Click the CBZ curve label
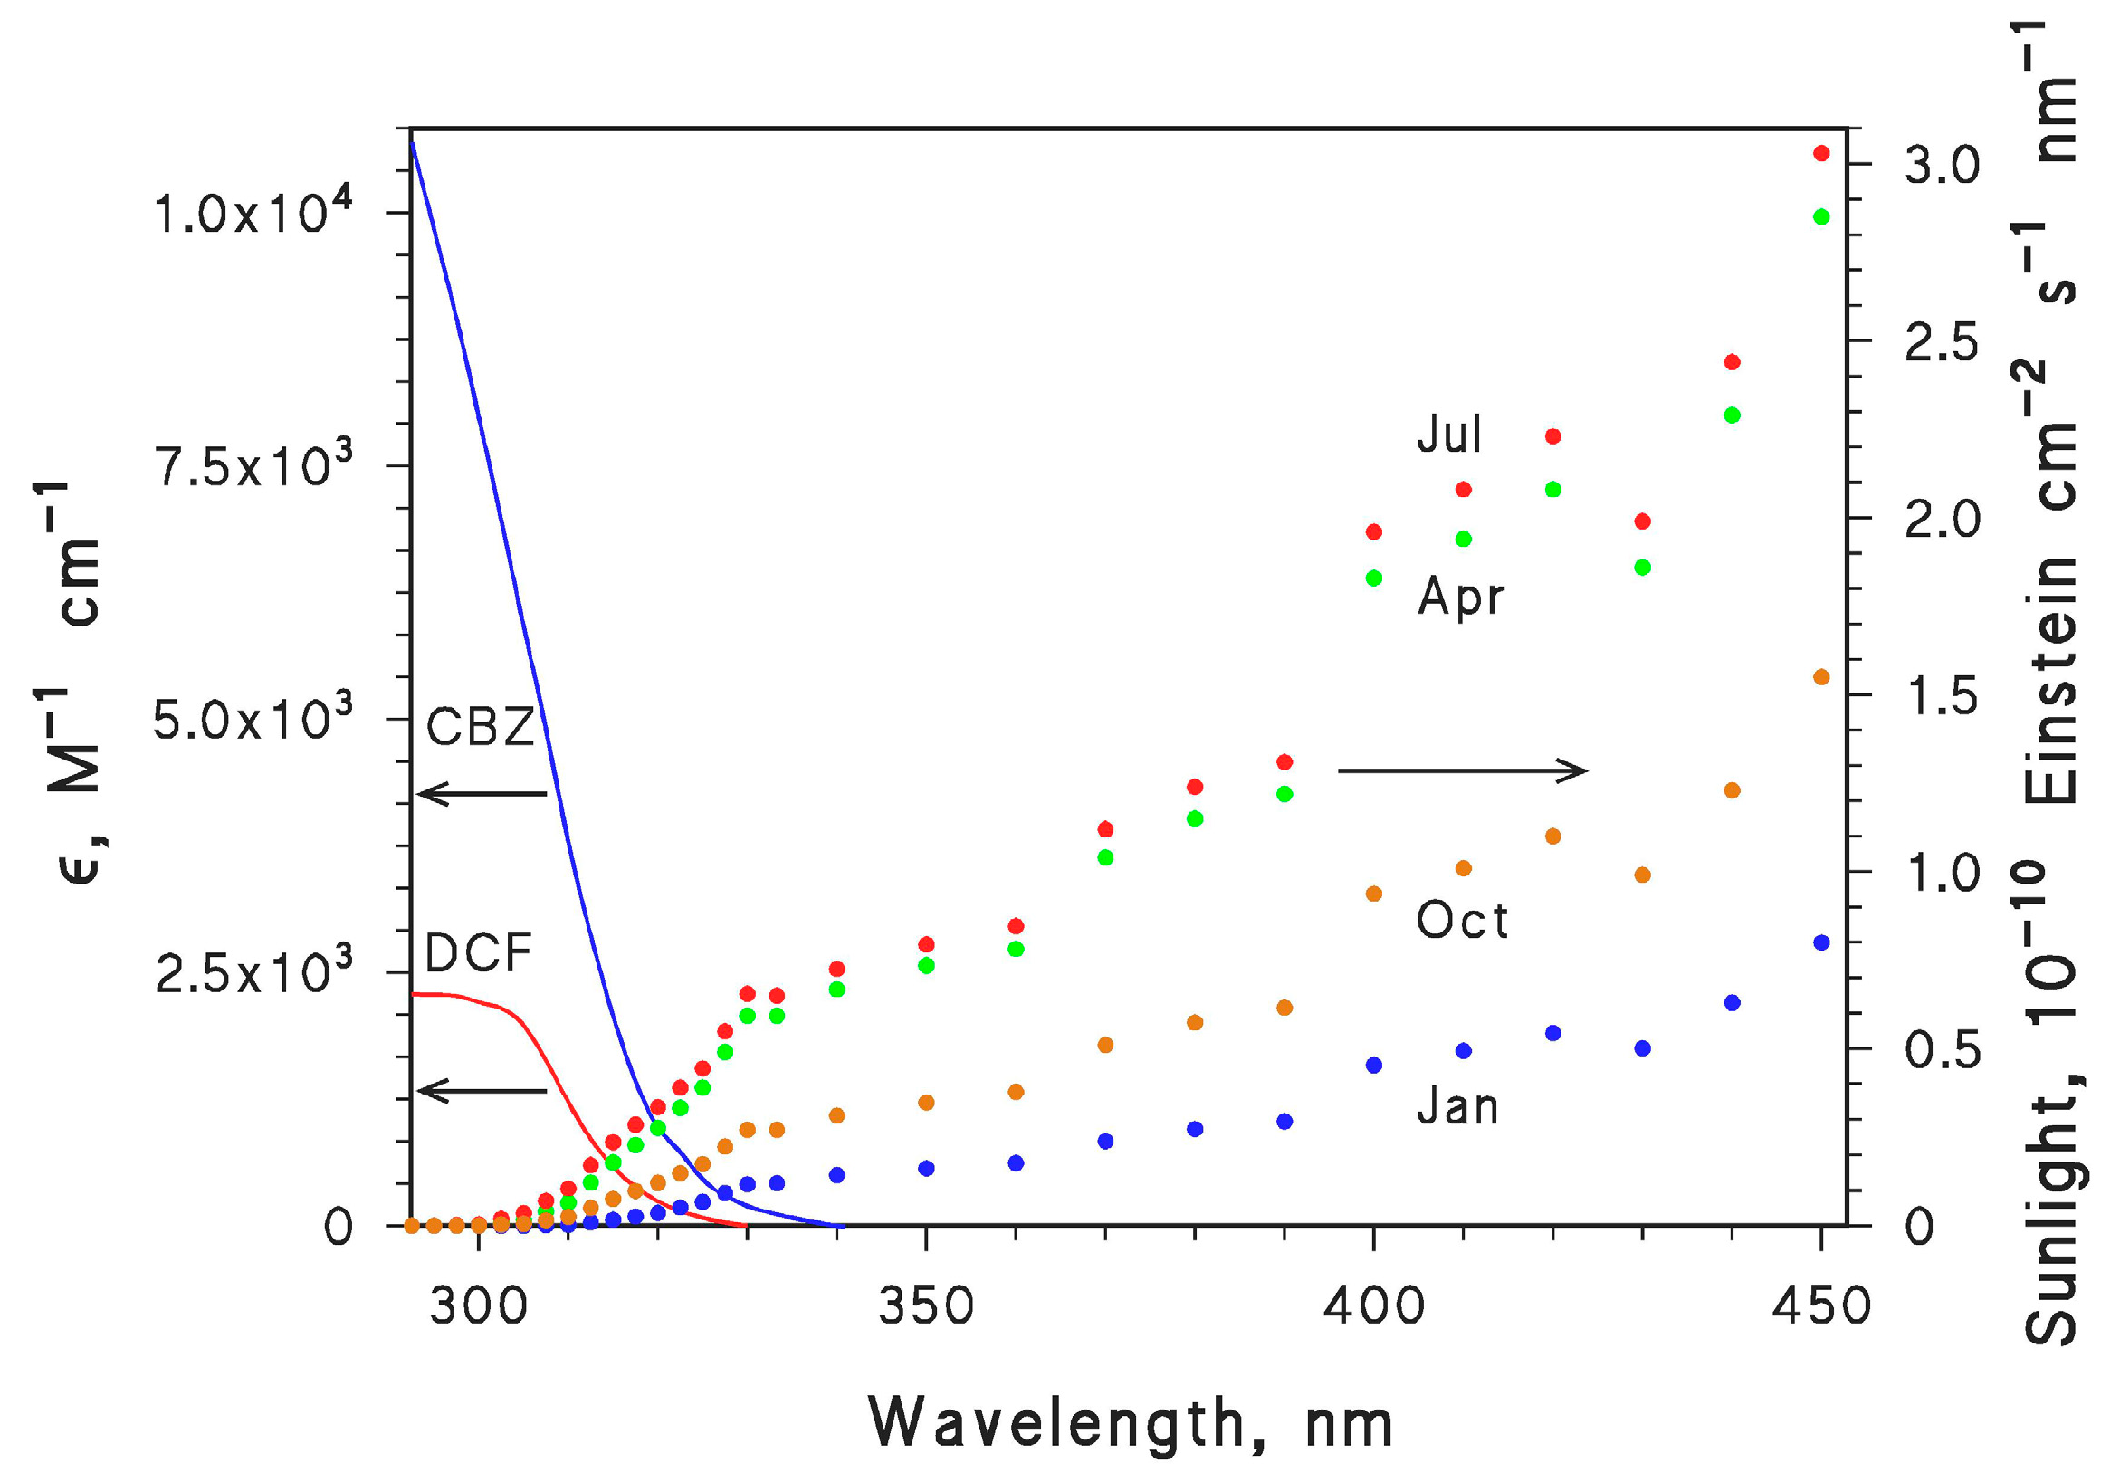[x=480, y=728]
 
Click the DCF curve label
[x=478, y=954]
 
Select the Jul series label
[x=1449, y=434]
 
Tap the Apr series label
[x=1461, y=597]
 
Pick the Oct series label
[x=1463, y=922]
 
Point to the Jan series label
[x=1458, y=1107]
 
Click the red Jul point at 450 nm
[x=1822, y=153]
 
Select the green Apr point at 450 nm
[x=1822, y=217]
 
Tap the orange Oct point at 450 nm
[x=1822, y=677]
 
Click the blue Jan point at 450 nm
[x=1822, y=942]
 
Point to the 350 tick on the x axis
[x=926, y=1307]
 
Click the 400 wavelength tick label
[x=1374, y=1307]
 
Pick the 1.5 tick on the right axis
[x=1942, y=697]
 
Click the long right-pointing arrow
[x=1463, y=770]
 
